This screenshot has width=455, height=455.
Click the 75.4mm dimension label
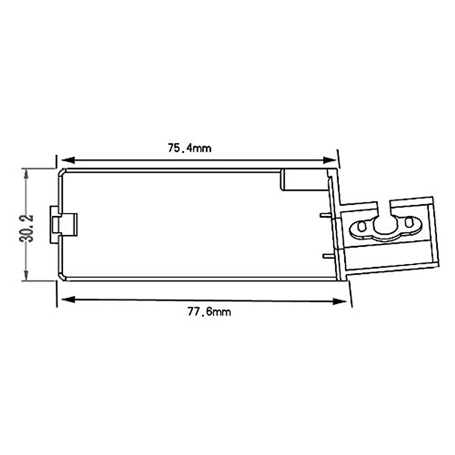tap(190, 148)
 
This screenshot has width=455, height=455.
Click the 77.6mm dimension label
tap(209, 312)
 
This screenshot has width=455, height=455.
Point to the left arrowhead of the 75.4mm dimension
tap(68, 160)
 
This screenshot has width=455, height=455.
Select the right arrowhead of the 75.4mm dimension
tap(330, 160)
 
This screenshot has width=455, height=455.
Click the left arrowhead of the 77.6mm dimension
tap(68, 300)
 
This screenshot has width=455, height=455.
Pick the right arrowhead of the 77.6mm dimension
tap(339, 301)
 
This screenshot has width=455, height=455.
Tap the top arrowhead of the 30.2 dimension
tap(26, 175)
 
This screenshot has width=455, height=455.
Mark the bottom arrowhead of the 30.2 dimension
tap(26, 274)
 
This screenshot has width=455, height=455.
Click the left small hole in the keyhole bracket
tap(361, 227)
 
